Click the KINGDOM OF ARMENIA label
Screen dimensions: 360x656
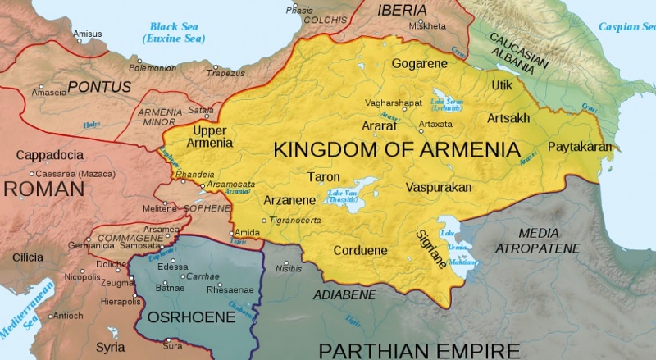[x=396, y=150]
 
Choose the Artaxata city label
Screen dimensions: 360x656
[x=435, y=124]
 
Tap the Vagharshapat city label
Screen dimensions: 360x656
[x=394, y=103]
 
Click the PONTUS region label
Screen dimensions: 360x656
[x=99, y=85]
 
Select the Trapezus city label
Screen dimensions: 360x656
[x=227, y=73]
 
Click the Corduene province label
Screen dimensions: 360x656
[x=360, y=250]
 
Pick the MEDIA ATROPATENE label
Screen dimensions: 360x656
[x=538, y=240]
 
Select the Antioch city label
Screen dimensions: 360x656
[x=69, y=316]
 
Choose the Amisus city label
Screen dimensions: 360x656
[x=89, y=34]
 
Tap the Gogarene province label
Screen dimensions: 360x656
[x=420, y=63]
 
